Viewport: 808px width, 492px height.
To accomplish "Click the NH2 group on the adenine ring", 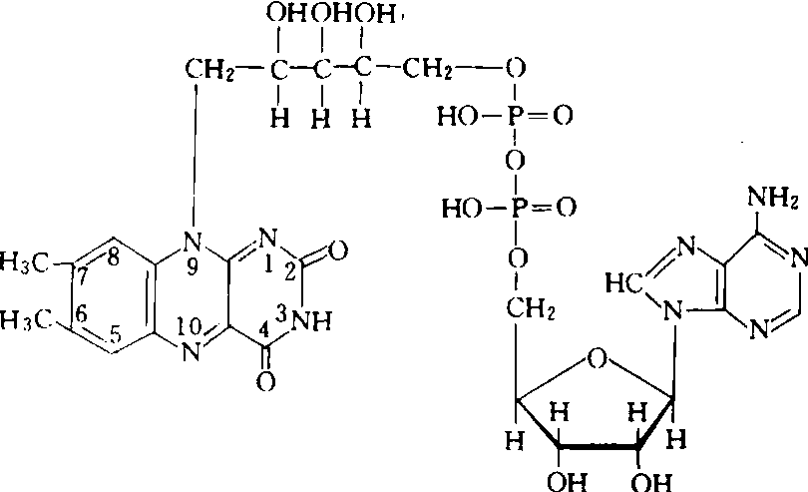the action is (x=772, y=197).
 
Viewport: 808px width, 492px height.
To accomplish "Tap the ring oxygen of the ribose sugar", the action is (x=597, y=359).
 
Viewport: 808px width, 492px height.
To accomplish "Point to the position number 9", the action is (x=193, y=268).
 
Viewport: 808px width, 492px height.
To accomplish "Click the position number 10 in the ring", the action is (x=189, y=325).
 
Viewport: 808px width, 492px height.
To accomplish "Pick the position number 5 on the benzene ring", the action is (x=116, y=335).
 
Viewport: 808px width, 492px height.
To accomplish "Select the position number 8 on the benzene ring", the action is (x=113, y=257).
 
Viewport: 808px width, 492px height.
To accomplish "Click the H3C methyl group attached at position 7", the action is (x=24, y=262).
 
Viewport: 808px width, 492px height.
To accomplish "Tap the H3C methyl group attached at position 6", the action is (x=24, y=320).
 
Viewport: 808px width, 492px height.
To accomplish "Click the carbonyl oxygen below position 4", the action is (x=265, y=381).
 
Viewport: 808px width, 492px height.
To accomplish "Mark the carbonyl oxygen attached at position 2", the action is (x=337, y=251).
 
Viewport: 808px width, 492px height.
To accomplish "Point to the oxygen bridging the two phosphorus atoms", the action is (x=515, y=161).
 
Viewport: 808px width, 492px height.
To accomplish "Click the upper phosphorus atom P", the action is (x=516, y=115).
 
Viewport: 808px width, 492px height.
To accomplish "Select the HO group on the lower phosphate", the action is (x=462, y=209).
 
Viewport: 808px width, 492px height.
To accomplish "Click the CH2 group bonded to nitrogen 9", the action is (x=209, y=69).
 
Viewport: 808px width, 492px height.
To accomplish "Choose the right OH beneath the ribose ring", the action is (x=651, y=482).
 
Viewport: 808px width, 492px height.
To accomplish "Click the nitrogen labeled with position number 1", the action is (x=268, y=238).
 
